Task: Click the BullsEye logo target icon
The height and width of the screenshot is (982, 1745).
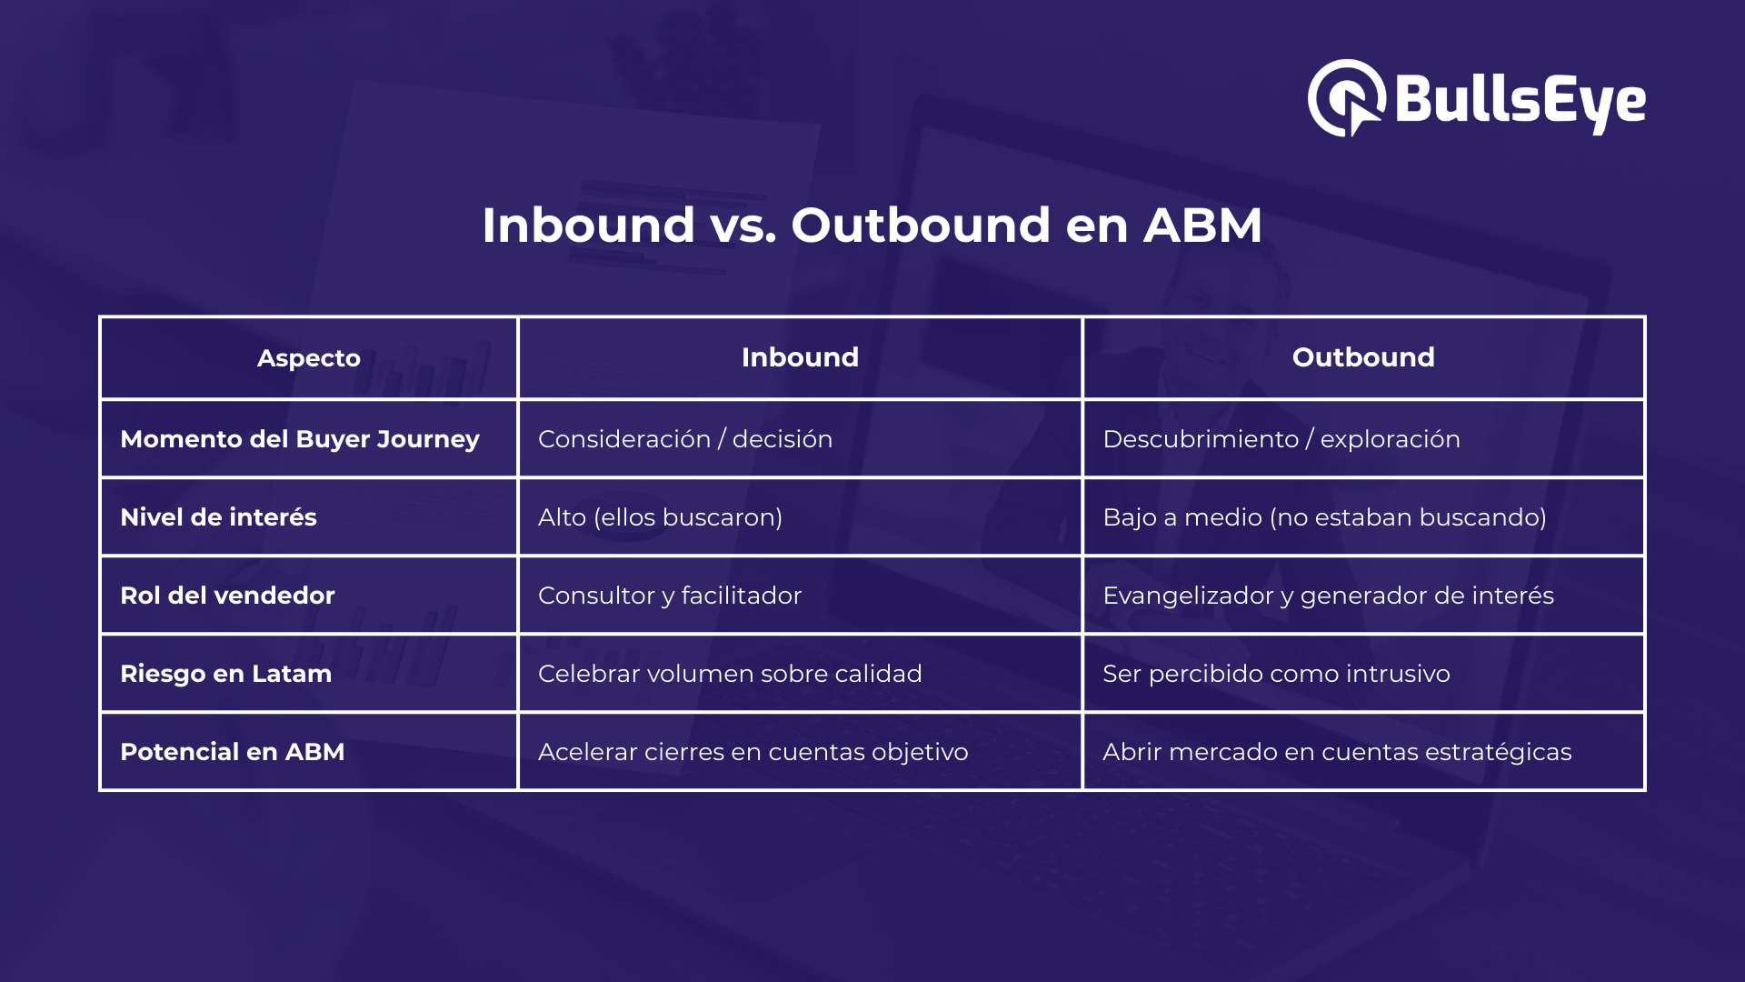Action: pos(1346,98)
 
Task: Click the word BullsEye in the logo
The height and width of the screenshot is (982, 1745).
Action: pos(1520,100)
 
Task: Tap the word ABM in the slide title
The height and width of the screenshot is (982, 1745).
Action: pos(1202,225)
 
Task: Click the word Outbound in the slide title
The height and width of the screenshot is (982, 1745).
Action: pos(920,225)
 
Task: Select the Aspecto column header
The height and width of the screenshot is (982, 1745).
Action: pos(308,358)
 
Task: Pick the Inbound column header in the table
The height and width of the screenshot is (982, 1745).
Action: pos(800,357)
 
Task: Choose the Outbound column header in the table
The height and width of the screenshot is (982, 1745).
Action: pos(1363,357)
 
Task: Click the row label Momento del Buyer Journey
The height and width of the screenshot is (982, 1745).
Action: pos(300,439)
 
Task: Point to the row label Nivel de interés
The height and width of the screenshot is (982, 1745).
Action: pos(218,517)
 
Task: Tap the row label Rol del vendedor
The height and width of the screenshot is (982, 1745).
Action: pos(227,596)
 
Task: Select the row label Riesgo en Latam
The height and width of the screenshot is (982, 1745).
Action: pos(225,674)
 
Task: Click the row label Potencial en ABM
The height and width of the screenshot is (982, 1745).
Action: pos(232,752)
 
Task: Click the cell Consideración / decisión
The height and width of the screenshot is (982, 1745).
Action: pos(685,439)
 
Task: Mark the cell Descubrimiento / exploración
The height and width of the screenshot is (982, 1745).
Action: pos(1281,439)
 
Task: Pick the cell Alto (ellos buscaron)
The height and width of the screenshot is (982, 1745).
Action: pos(660,517)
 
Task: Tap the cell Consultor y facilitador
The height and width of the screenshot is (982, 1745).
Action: pos(670,596)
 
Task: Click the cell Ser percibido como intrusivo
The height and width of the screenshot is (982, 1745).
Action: pos(1276,674)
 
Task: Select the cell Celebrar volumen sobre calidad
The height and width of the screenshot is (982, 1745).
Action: pos(730,674)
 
